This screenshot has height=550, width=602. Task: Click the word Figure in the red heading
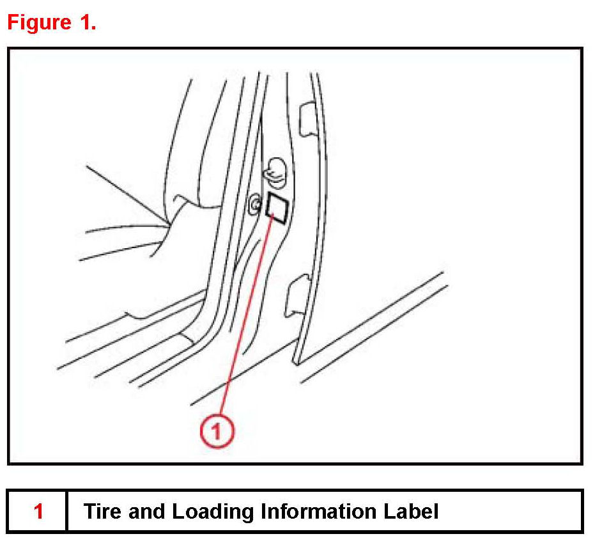pos(39,22)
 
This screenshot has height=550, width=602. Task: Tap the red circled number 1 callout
pos(217,430)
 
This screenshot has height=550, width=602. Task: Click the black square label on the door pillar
pos(277,208)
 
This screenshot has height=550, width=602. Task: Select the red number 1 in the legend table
pos(38,511)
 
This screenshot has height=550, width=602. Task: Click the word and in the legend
pos(146,511)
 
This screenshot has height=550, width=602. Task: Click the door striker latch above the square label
pos(275,173)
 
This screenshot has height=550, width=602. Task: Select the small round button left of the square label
pos(254,203)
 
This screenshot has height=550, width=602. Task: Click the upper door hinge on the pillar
pos(307,119)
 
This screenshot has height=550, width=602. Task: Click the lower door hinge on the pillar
pos(298,295)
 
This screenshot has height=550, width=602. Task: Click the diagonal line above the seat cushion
pos(127,194)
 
